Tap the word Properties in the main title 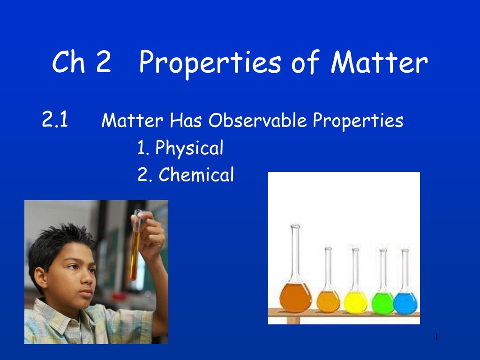click(210, 64)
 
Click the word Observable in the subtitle click(257, 120)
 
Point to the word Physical click(189, 148)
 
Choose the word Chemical click(196, 175)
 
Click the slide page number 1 click(436, 337)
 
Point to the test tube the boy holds click(135, 245)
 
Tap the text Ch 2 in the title click(82, 62)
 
